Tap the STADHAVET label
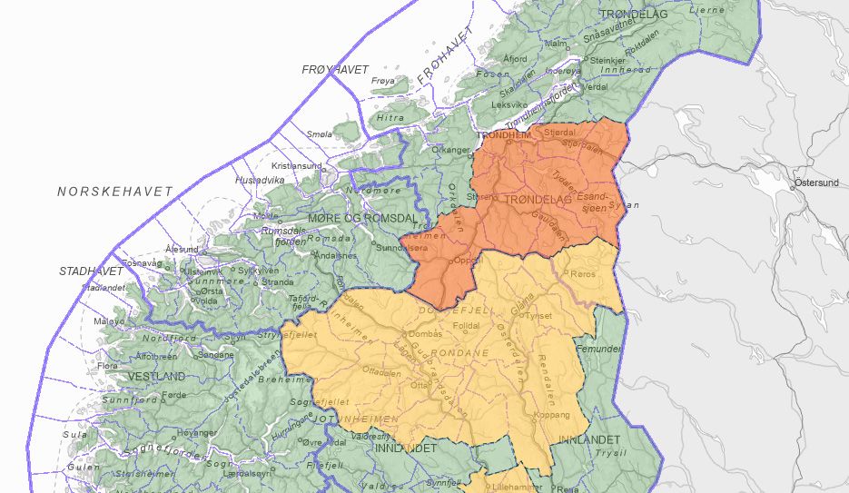(91, 271)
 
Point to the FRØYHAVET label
(335, 69)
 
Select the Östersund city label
(816, 182)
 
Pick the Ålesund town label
(181, 248)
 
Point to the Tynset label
(538, 316)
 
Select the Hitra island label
(390, 117)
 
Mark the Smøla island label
(320, 133)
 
